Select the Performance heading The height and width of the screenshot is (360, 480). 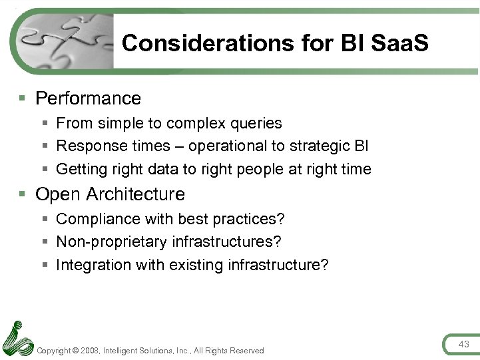(88, 98)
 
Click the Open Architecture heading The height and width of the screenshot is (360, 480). (110, 194)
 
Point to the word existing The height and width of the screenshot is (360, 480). (196, 265)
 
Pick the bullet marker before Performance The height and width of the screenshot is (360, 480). (23, 98)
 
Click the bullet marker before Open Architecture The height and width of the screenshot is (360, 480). (23, 194)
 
